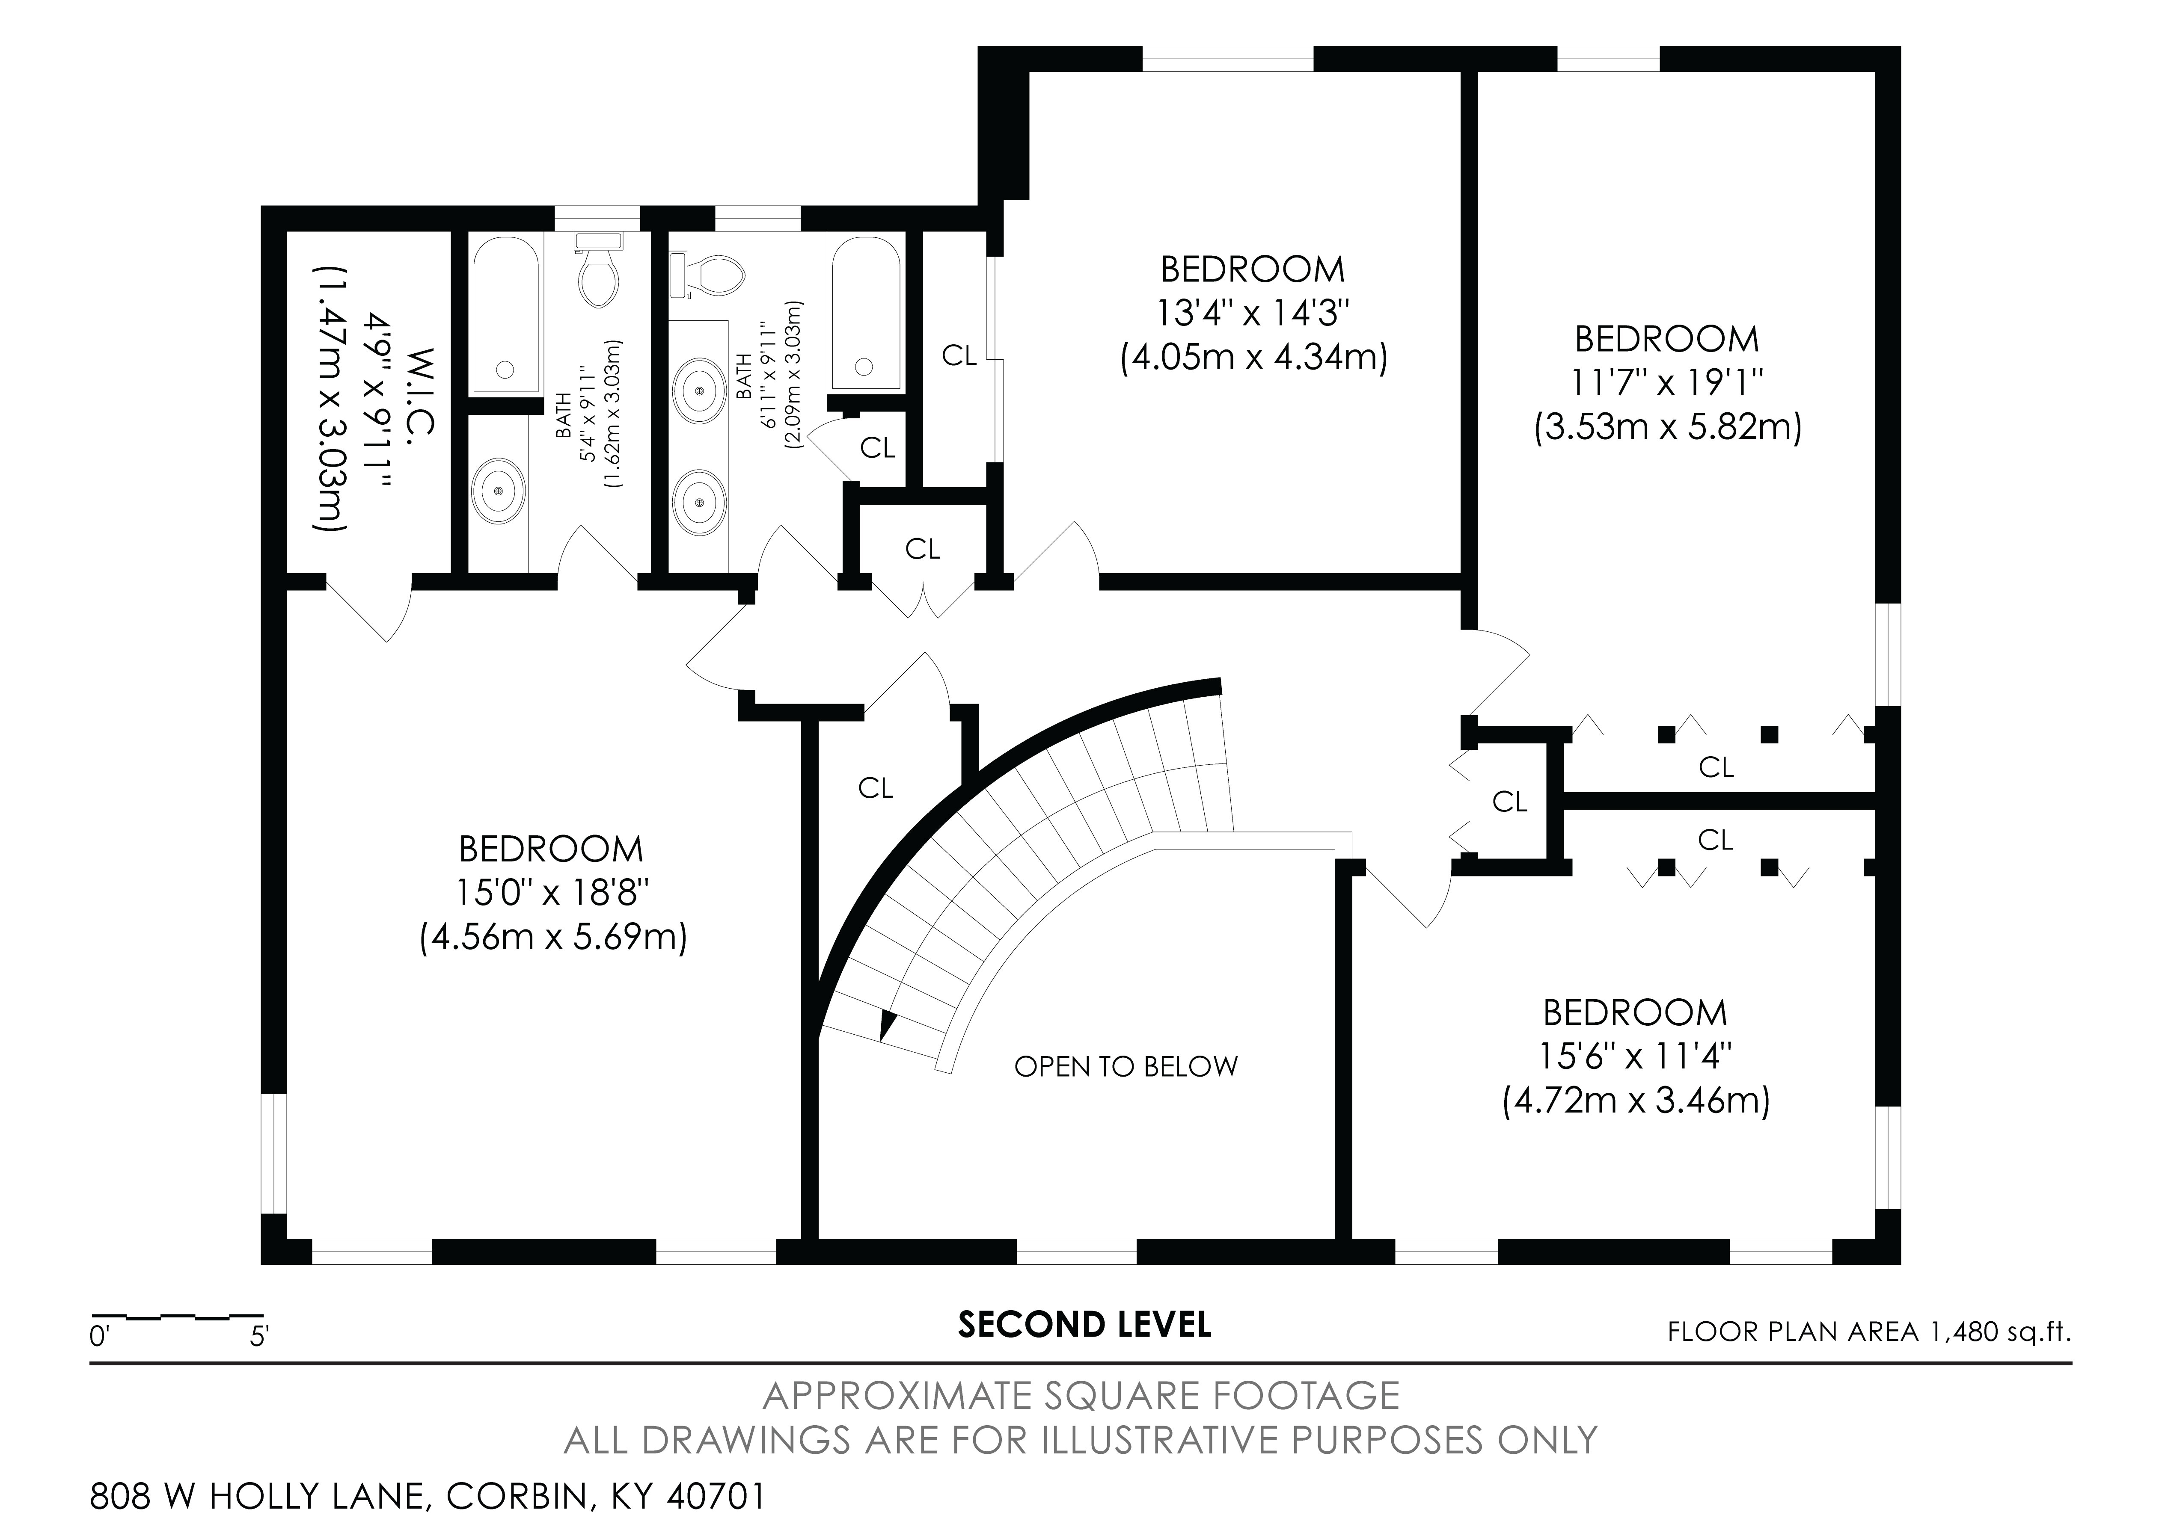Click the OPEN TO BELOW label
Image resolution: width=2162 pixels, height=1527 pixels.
(x=1125, y=1067)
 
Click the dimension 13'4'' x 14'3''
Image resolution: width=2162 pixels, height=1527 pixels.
(x=1252, y=314)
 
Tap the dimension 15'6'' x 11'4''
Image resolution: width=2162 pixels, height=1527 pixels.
(x=1636, y=1056)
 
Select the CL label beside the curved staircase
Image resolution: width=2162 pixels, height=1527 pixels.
(x=875, y=788)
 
